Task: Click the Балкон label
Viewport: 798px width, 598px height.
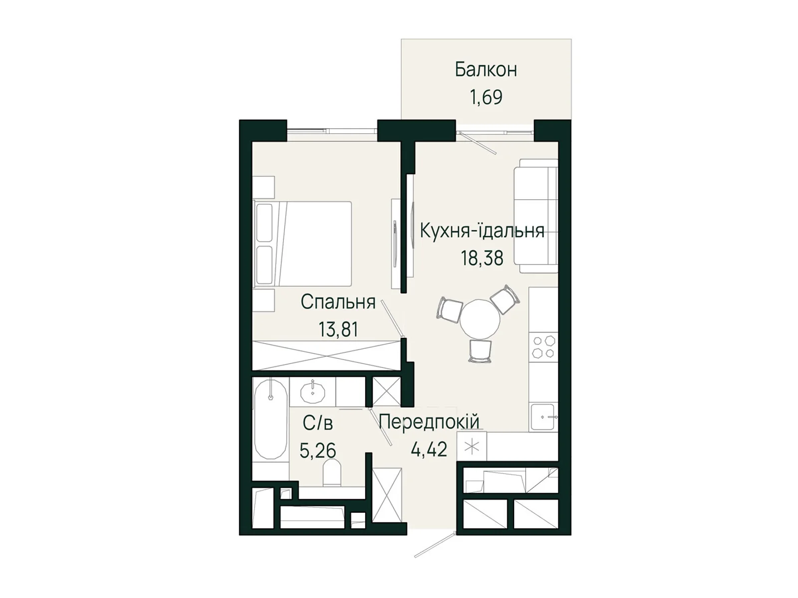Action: (x=485, y=70)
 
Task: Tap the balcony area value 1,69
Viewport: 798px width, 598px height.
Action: (x=485, y=97)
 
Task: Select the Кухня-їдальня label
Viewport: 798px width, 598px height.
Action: (x=482, y=231)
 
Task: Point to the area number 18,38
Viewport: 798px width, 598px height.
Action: (x=482, y=258)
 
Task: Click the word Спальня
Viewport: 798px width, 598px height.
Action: (x=338, y=302)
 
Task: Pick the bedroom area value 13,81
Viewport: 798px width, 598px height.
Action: (x=338, y=329)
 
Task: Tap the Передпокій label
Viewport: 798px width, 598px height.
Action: (x=429, y=422)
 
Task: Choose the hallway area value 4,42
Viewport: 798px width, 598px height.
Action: (x=429, y=449)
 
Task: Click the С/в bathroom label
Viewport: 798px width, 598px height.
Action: (x=318, y=424)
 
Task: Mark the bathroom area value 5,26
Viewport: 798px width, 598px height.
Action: (x=318, y=450)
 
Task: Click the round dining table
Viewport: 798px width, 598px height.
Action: (x=479, y=319)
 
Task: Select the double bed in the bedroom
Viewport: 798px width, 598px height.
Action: (x=303, y=244)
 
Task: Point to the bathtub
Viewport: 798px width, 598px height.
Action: (x=270, y=419)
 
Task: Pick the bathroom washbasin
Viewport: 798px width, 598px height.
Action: (x=313, y=392)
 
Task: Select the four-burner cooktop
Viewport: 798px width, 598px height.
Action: (x=543, y=347)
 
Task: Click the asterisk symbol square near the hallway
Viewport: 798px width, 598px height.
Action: (x=471, y=447)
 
